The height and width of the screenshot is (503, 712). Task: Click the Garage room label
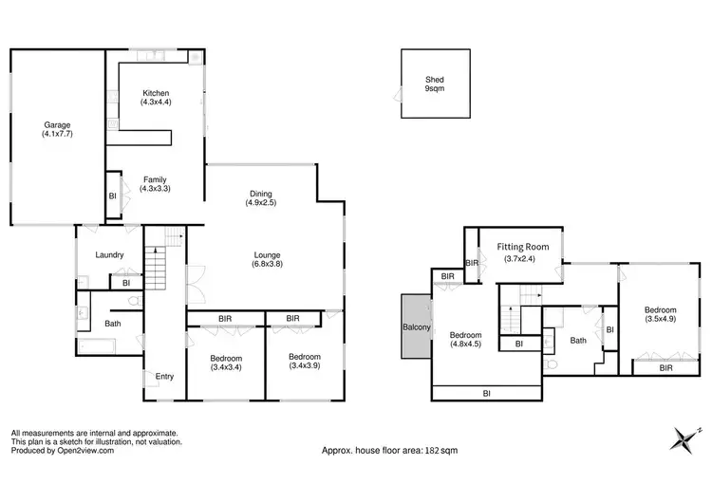coord(56,130)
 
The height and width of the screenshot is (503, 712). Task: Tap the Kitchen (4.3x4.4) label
coord(155,96)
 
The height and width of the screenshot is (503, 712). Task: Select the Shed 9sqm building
coord(435,83)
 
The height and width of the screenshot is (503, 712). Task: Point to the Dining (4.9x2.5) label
coord(260,196)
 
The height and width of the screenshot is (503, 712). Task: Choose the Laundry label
coord(111,254)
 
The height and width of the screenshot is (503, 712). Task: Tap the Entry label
coord(164,377)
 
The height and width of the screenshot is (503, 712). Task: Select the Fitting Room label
coord(521,252)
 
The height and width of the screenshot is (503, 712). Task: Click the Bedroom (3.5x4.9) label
coord(661,315)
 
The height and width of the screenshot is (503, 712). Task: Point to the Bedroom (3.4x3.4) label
coord(226,363)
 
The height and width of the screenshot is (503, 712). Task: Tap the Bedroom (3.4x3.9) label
coord(305,363)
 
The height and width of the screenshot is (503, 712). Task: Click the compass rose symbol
coord(681,439)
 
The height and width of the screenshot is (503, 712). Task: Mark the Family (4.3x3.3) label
coord(155,184)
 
